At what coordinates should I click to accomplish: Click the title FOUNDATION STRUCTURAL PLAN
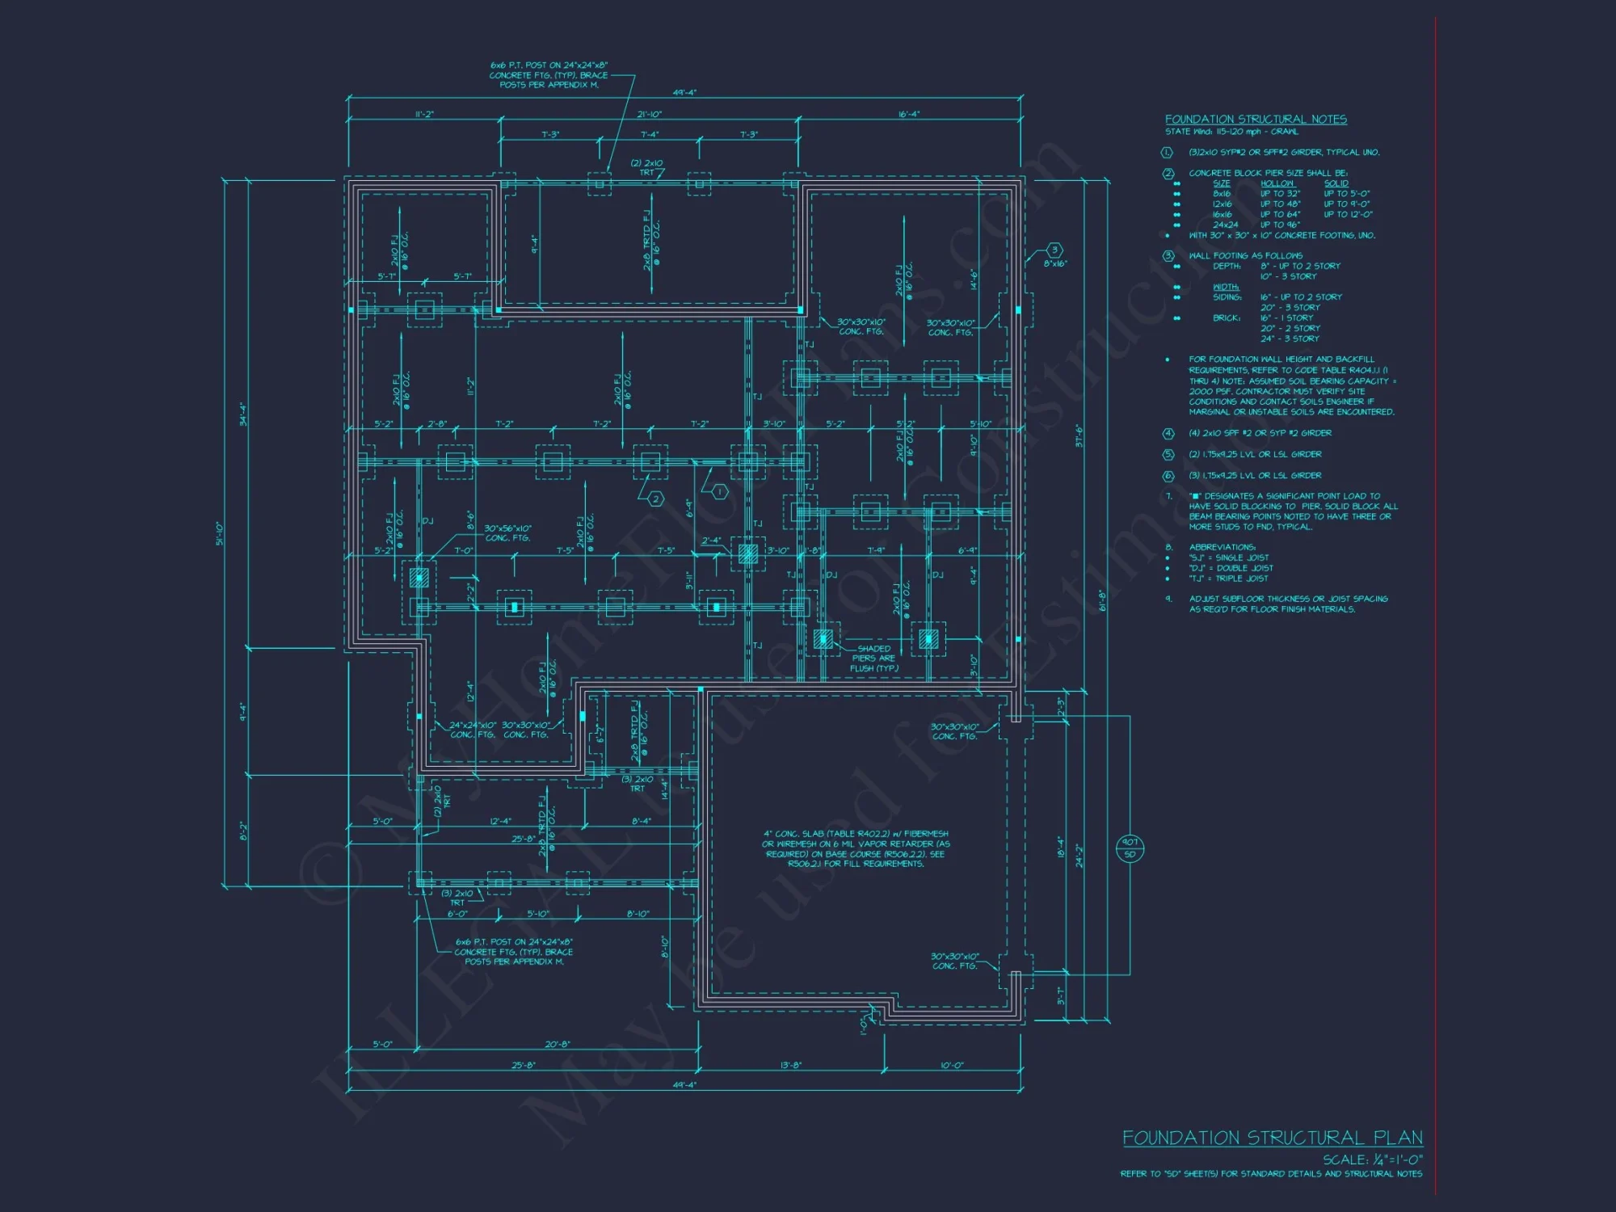pos(1272,1138)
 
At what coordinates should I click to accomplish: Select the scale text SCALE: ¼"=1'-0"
pos(1372,1159)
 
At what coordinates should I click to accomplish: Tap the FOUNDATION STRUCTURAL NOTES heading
pos(1256,120)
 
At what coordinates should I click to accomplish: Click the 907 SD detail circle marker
pos(1130,848)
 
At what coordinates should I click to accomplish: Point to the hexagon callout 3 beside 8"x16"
pos(1054,250)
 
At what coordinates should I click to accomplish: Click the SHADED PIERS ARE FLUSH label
pos(873,659)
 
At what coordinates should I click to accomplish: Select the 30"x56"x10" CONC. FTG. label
pos(507,533)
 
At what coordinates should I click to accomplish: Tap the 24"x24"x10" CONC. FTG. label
pos(473,730)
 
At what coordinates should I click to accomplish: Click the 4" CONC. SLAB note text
pos(856,848)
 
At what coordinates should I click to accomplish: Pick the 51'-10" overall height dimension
pos(220,533)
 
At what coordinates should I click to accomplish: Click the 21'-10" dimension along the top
pos(649,115)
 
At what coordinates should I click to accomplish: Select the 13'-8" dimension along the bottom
pos(791,1065)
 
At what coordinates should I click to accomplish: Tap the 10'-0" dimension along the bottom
pos(952,1065)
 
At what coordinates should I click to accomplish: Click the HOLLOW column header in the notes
pos(1277,183)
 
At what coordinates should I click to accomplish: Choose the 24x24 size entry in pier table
pos(1225,225)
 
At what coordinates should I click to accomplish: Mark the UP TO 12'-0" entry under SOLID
pos(1348,214)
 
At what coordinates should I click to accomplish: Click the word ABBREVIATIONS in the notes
pos(1222,547)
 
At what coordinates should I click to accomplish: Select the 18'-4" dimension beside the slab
pos(1061,847)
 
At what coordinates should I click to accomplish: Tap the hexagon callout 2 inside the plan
pos(655,499)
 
